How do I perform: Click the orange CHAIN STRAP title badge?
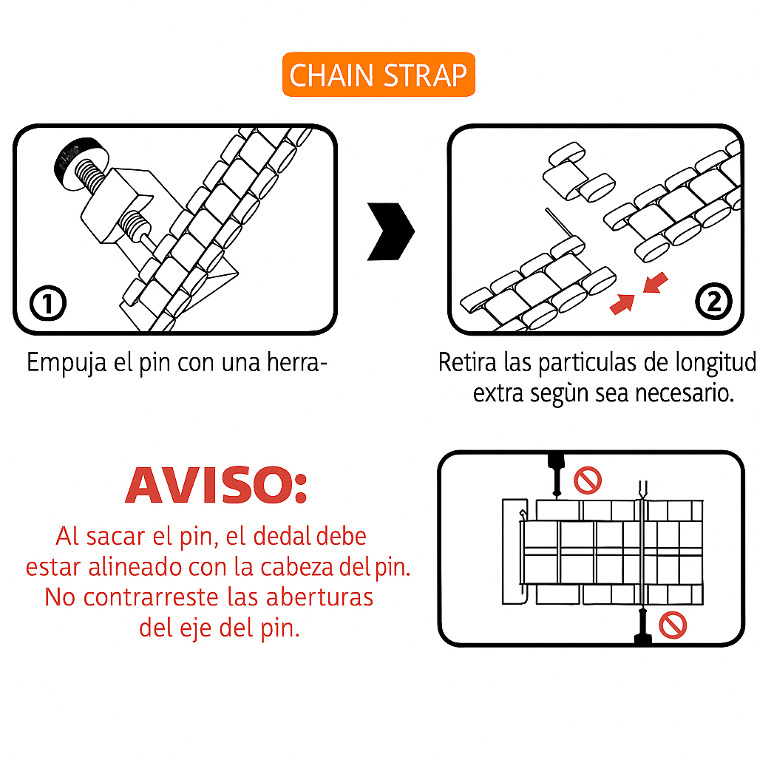(378, 75)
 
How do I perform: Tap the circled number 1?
(48, 303)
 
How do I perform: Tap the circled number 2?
(713, 302)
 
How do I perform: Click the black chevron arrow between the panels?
(390, 231)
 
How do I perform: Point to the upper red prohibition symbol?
(588, 481)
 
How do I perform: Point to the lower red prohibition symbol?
(673, 625)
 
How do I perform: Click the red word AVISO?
(216, 485)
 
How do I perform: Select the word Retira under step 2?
(467, 362)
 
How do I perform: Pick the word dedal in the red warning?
(282, 537)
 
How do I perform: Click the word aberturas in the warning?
(319, 597)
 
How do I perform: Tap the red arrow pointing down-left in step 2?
(656, 282)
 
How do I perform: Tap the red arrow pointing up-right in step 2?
(622, 304)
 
